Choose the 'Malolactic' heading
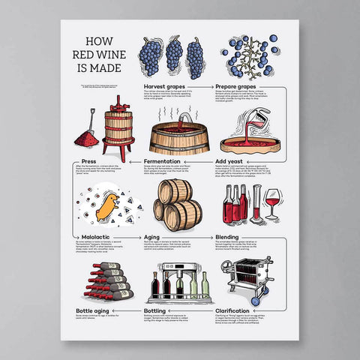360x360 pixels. tap(92, 236)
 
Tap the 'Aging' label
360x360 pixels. tap(150, 236)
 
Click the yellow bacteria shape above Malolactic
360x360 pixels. tap(108, 206)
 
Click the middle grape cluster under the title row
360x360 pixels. tap(174, 54)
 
